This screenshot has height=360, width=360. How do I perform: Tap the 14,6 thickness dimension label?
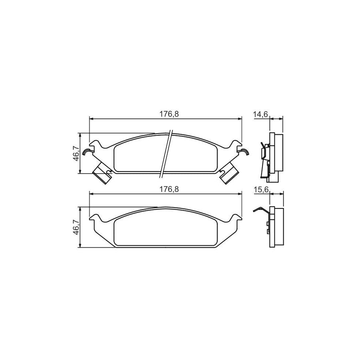260,114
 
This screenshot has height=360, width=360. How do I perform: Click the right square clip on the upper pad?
230,174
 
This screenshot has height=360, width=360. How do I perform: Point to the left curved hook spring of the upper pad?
87,151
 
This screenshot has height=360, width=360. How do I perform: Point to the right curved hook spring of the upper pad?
244,151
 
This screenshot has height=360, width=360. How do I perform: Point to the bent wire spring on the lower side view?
261,210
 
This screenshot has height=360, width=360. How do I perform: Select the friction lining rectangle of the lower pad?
166,230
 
